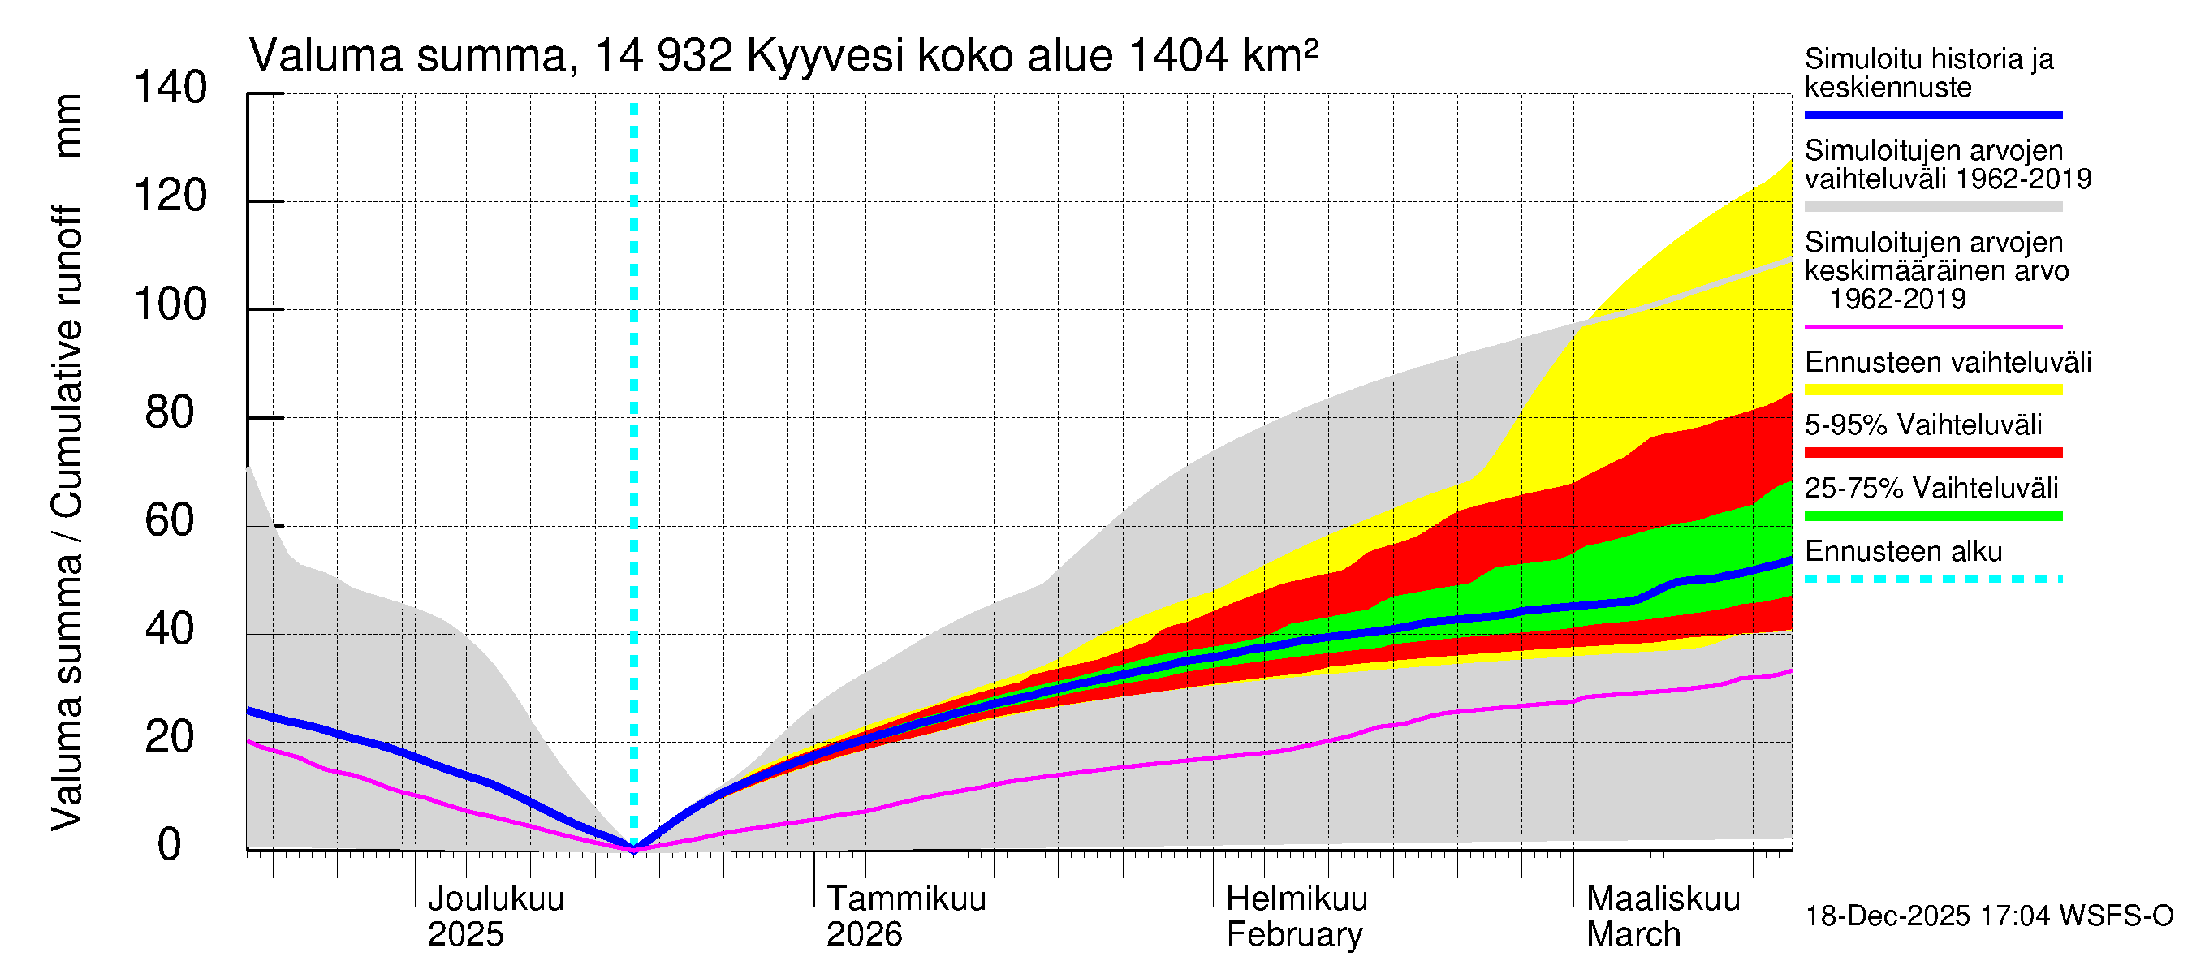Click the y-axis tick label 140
tap(170, 88)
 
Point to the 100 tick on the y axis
tap(170, 304)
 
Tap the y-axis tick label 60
tap(170, 520)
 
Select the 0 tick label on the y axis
tap(170, 845)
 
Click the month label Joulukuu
tap(495, 899)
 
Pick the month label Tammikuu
tap(905, 899)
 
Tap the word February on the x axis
tap(1293, 935)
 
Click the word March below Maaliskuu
tap(1633, 935)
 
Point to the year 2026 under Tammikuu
tap(864, 935)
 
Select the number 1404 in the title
tap(1179, 57)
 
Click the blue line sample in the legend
tap(1932, 114)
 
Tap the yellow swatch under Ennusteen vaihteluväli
tap(1932, 390)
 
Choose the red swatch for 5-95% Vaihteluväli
tap(1932, 453)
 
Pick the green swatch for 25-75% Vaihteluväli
tap(1932, 515)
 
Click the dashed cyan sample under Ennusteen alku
tap(1932, 580)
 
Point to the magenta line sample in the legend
tap(1932, 326)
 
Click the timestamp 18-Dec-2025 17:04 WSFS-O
tap(1988, 916)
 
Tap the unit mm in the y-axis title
tap(68, 126)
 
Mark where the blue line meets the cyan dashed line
tap(634, 847)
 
